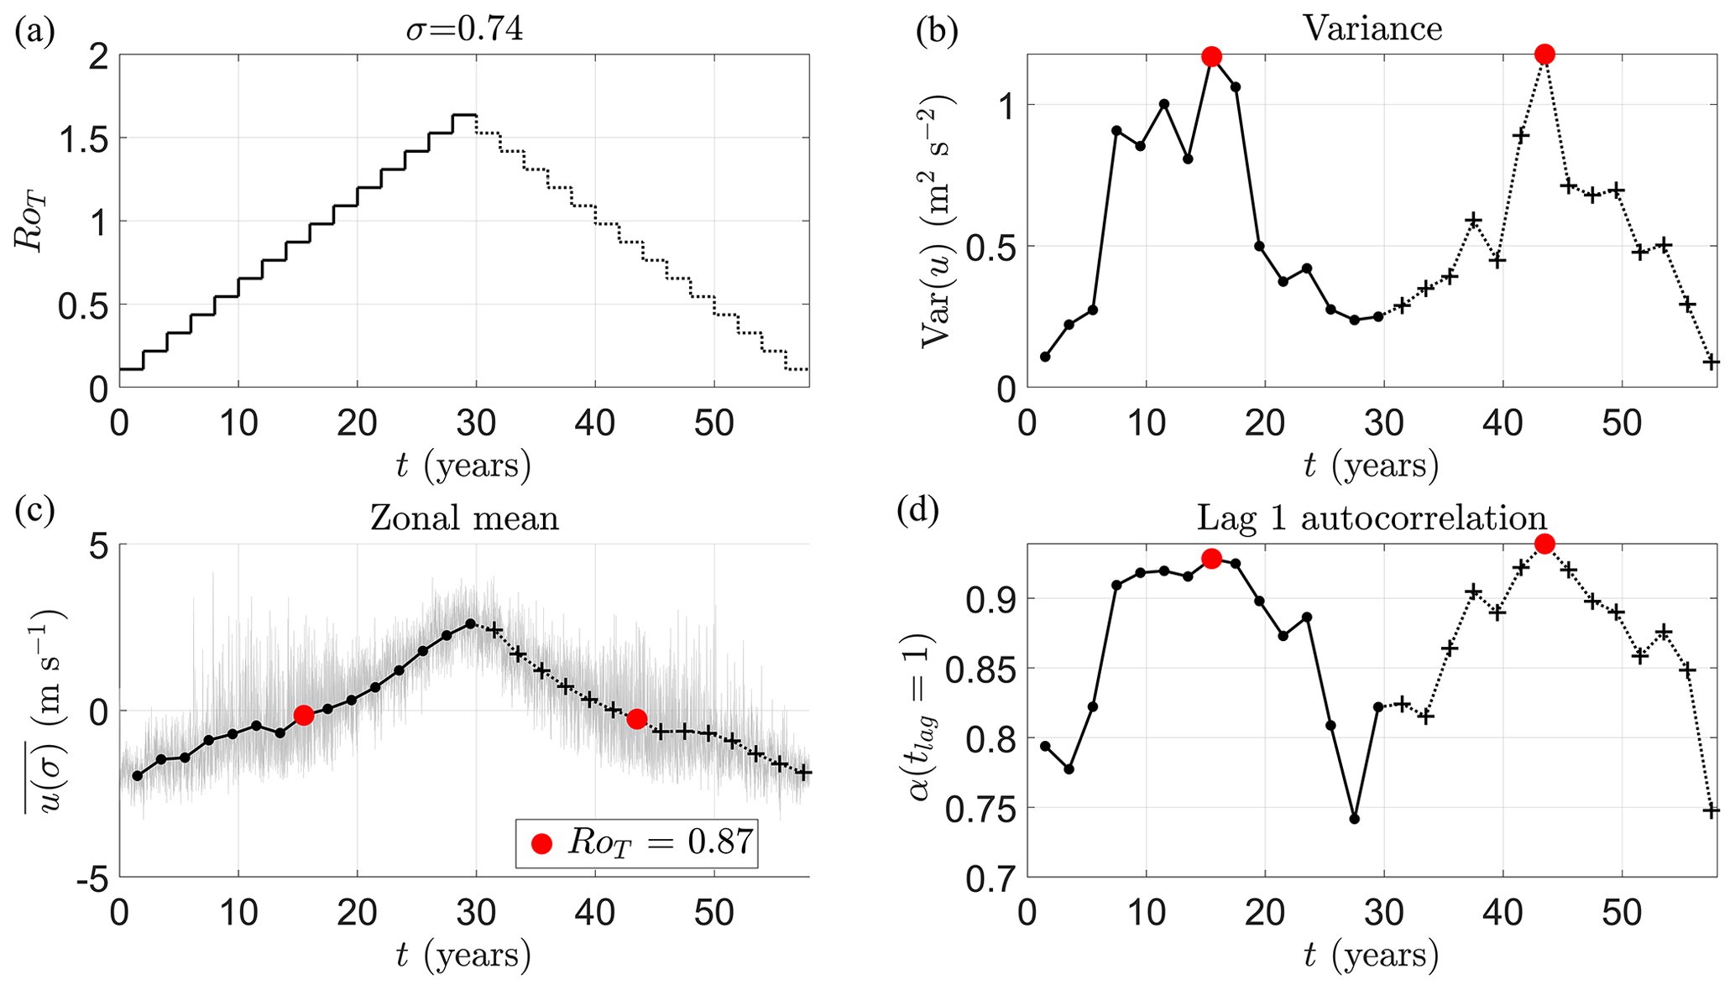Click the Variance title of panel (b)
pyautogui.click(x=1372, y=29)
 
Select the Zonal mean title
pyautogui.click(x=464, y=518)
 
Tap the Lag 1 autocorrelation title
pyautogui.click(x=1372, y=518)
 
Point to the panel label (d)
pyautogui.click(x=917, y=509)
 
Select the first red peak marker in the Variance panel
pyautogui.click(x=1211, y=56)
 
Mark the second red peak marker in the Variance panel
pyautogui.click(x=1544, y=55)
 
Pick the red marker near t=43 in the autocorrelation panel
pyautogui.click(x=1544, y=544)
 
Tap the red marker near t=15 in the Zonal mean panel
pyautogui.click(x=304, y=715)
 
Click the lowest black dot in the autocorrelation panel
pyautogui.click(x=1354, y=818)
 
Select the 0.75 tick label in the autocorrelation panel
pyautogui.click(x=977, y=809)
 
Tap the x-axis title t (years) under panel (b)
pyautogui.click(x=1372, y=466)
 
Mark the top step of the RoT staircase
pyautogui.click(x=464, y=115)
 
